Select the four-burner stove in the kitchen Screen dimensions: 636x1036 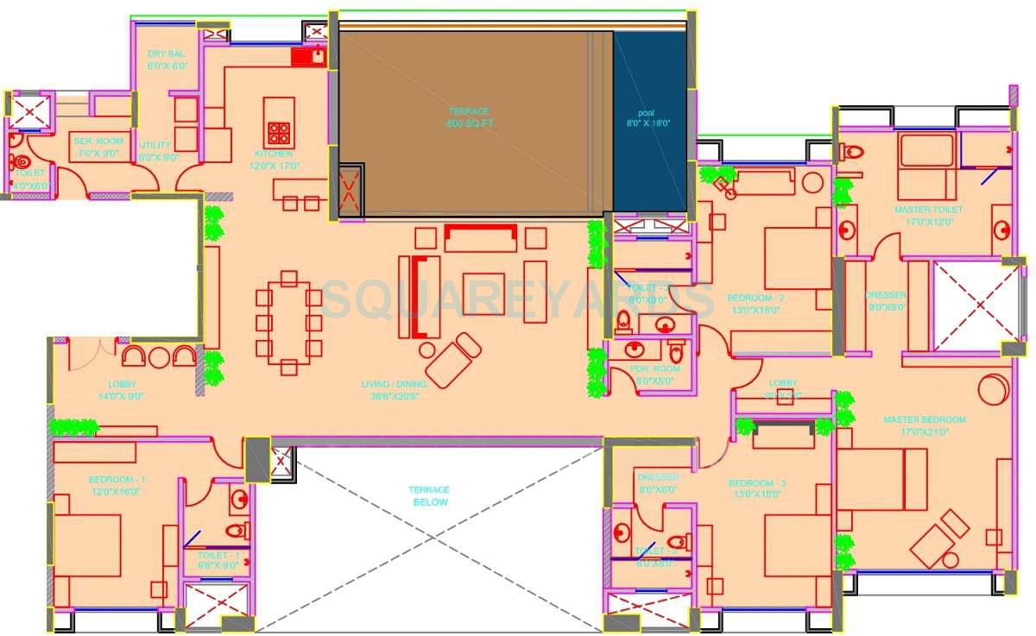[x=279, y=133]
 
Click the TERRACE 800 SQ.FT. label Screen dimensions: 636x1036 [x=468, y=117]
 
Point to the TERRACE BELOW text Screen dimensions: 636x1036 [x=429, y=496]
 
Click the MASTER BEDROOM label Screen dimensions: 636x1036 [x=924, y=425]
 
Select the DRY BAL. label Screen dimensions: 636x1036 [x=167, y=60]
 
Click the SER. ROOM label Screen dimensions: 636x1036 [x=98, y=146]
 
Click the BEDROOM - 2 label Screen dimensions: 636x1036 [x=755, y=303]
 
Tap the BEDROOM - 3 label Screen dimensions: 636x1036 [x=755, y=488]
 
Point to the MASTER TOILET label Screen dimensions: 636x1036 [x=928, y=215]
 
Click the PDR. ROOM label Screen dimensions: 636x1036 [x=657, y=374]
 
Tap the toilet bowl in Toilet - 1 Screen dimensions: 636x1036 [x=236, y=530]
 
